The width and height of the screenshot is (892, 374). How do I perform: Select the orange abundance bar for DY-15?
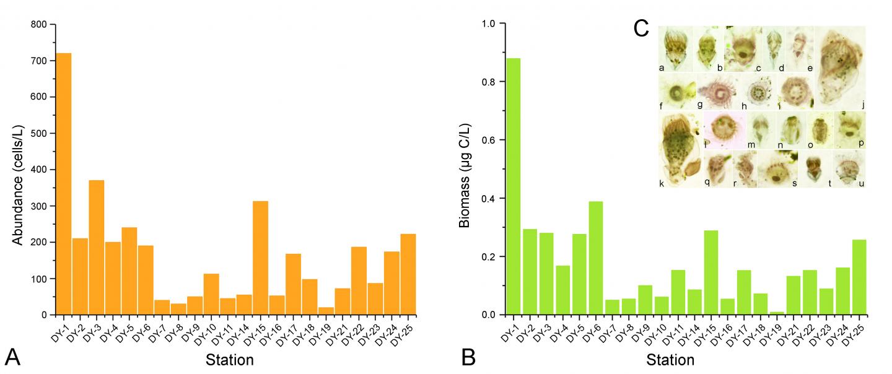coord(260,258)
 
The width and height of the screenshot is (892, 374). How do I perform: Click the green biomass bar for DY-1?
coord(514,186)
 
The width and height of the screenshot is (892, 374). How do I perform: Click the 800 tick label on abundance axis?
coord(38,25)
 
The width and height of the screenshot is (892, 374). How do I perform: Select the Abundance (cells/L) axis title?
coord(19,169)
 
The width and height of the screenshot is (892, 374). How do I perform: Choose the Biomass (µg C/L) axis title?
coord(466,169)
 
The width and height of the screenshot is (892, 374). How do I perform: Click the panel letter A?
coord(12,357)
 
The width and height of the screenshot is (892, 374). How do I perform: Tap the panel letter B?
coord(469,357)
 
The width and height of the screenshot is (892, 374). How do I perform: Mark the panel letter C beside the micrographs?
coord(642,28)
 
